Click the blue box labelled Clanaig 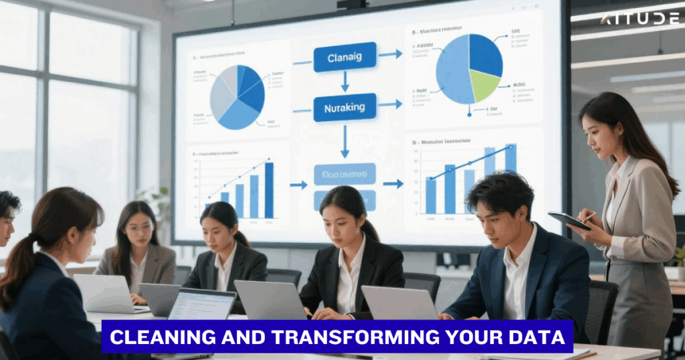[345, 57]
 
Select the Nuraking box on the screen [345, 107]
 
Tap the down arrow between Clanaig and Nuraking [345, 82]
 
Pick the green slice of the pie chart [484, 86]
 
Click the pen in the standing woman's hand [588, 215]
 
